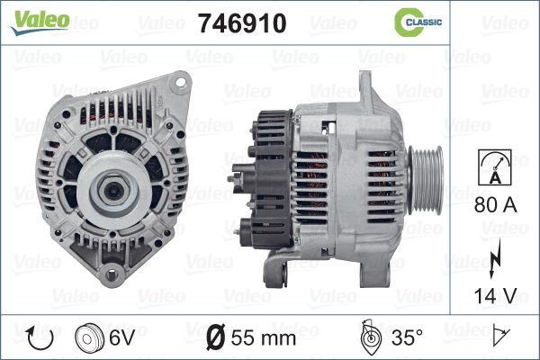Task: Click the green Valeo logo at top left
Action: pyautogui.click(x=40, y=22)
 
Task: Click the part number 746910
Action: pyautogui.click(x=242, y=23)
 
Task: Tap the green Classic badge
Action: pyautogui.click(x=418, y=22)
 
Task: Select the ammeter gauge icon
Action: pyautogui.click(x=495, y=167)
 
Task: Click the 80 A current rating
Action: pyautogui.click(x=495, y=204)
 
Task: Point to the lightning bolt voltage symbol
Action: pyautogui.click(x=495, y=258)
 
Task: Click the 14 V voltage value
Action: pyautogui.click(x=495, y=295)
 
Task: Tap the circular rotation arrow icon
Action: pyautogui.click(x=40, y=337)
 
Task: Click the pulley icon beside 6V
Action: pyautogui.click(x=89, y=337)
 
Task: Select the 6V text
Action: pyautogui.click(x=121, y=337)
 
